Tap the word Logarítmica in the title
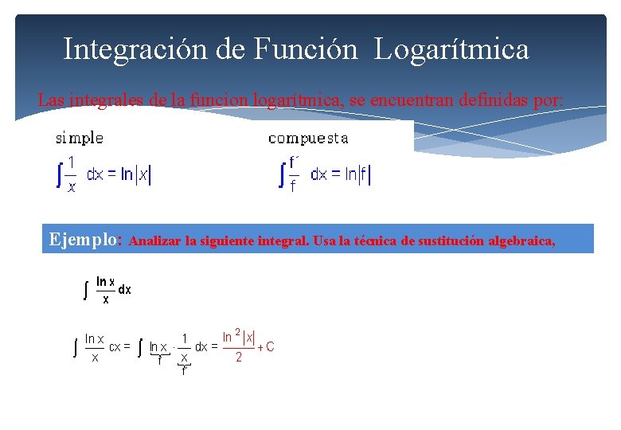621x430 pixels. (x=451, y=49)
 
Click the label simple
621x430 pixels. (x=79, y=139)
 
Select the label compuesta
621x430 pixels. (x=307, y=139)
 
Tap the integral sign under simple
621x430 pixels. (x=59, y=175)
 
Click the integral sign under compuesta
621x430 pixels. (x=281, y=175)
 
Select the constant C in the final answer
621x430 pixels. (x=270, y=346)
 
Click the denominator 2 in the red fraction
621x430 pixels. (x=238, y=358)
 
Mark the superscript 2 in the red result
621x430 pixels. (x=237, y=333)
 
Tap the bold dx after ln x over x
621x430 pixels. (x=125, y=290)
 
